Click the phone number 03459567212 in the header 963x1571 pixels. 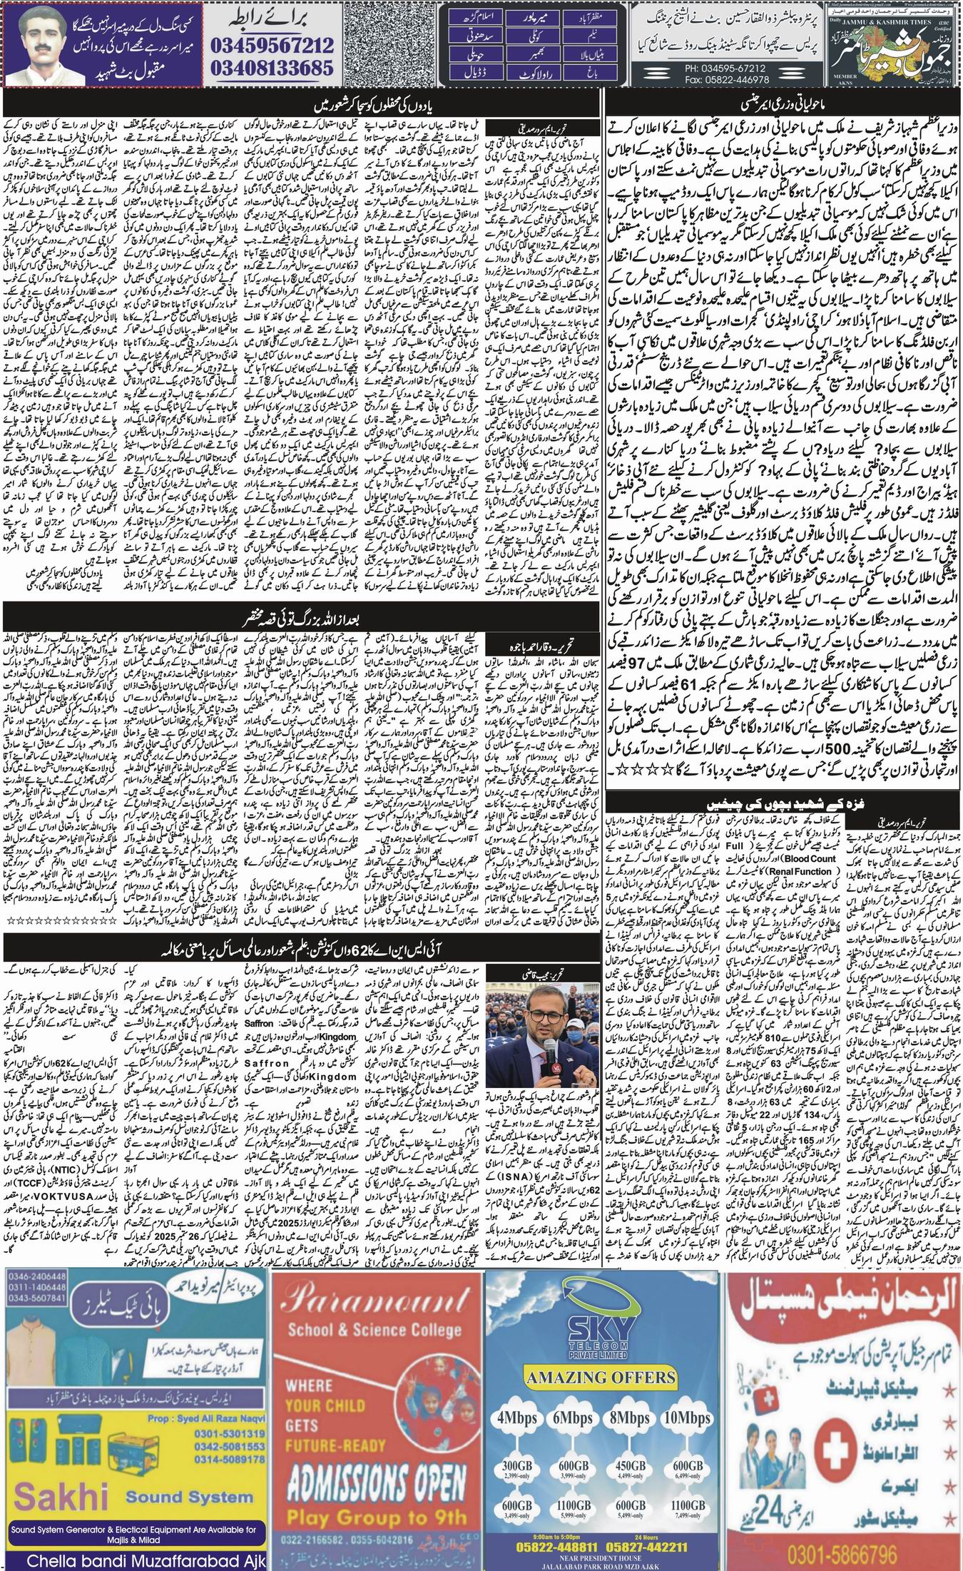pyautogui.click(x=272, y=46)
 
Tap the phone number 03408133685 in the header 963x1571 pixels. pyautogui.click(x=272, y=68)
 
